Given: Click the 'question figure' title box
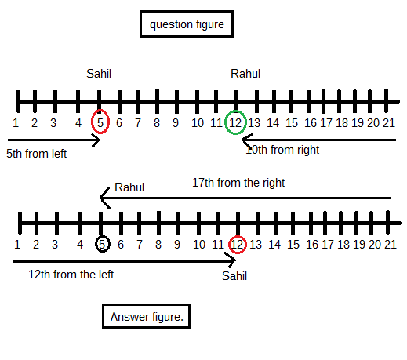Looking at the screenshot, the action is tap(187, 24).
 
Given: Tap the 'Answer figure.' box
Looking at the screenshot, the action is tap(146, 316).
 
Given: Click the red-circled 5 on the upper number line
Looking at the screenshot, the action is tap(100, 122).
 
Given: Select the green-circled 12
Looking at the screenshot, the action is tap(235, 122).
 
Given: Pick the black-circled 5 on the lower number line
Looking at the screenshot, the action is tap(102, 244).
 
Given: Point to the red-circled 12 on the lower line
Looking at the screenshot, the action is tap(238, 245).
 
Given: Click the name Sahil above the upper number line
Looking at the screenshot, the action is tap(99, 74).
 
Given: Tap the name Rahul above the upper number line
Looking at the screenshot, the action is tap(245, 74).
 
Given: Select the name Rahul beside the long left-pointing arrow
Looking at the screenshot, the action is tap(129, 187).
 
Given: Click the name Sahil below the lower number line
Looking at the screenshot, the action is tap(234, 276).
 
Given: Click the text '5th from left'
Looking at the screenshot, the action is tap(36, 154).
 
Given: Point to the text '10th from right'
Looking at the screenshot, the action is tap(282, 150).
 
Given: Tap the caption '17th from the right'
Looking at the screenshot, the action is tap(238, 183).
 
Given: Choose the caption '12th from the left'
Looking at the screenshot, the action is tap(71, 275).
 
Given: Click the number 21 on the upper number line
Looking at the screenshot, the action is tap(389, 123).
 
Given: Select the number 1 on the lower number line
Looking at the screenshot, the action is tap(17, 245).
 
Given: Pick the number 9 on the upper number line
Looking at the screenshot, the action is tap(176, 123).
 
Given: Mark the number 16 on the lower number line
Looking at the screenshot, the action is tap(312, 245).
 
